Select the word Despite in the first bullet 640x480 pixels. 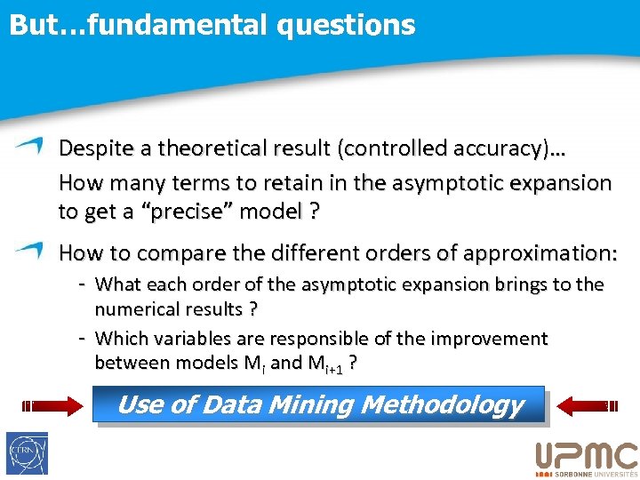91,150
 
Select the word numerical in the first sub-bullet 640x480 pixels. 138,309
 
